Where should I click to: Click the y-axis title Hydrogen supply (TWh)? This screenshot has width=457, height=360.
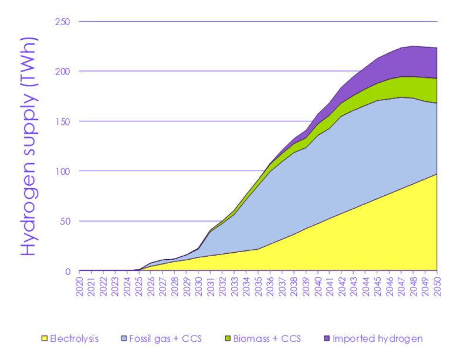[x=30, y=147]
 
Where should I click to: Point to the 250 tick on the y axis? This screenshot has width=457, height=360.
[x=64, y=22]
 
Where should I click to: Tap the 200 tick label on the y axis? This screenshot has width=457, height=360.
[x=64, y=72]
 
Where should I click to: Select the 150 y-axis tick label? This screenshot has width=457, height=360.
[x=64, y=121]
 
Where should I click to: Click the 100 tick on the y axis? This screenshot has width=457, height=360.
[x=64, y=171]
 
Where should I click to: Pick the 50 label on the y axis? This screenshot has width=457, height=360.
[x=66, y=221]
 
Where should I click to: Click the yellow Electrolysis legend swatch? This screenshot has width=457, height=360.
[x=43, y=339]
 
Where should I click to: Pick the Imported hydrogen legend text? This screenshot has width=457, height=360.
[x=377, y=339]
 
